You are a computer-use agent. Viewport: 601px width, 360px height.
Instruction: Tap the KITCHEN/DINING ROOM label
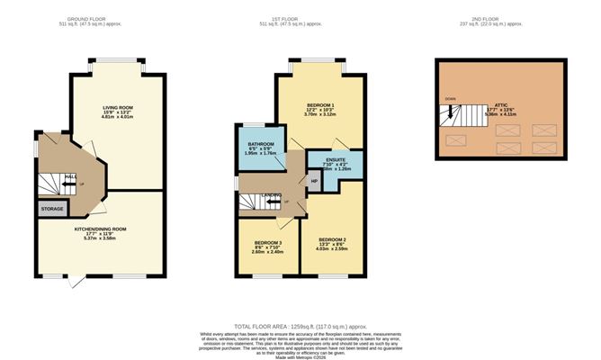coord(100,229)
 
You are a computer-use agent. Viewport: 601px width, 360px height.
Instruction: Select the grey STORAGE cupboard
coord(51,209)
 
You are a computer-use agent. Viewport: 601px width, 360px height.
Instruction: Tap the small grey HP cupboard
coord(314,181)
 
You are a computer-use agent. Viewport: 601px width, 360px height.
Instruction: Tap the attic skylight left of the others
coord(456,139)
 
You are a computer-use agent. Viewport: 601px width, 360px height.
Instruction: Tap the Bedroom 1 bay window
coord(319,61)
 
